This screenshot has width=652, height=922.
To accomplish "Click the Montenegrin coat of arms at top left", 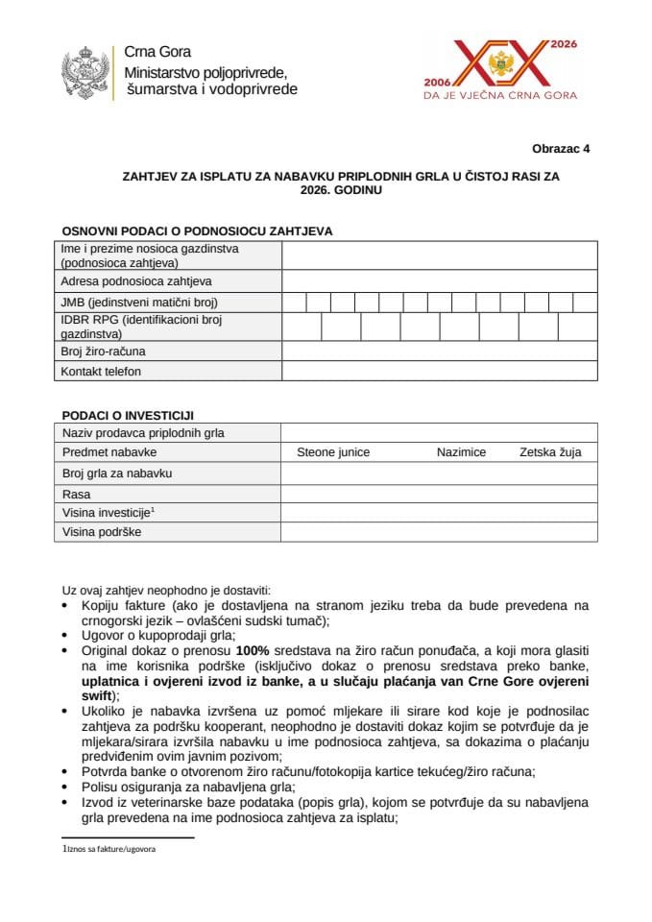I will [85, 71].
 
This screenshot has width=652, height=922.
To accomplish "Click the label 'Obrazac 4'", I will [562, 149].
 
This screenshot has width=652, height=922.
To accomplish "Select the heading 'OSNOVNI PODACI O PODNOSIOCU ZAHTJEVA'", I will [197, 231].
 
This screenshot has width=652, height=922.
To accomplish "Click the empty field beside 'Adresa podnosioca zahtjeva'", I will [439, 281].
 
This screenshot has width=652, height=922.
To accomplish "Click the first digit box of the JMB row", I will [294, 303].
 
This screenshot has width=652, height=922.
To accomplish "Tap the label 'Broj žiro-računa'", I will [103, 352].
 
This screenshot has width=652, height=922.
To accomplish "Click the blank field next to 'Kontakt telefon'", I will [439, 371].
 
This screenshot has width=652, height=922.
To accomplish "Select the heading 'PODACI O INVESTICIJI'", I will [128, 415].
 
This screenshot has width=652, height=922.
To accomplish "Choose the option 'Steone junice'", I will [333, 452].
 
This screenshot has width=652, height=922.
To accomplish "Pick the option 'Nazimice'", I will [461, 452].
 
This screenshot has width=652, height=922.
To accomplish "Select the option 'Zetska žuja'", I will [550, 452].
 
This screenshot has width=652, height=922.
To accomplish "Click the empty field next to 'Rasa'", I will [439, 494].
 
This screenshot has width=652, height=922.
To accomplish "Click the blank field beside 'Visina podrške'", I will [439, 532].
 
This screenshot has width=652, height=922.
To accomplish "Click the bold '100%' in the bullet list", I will [254, 650].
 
